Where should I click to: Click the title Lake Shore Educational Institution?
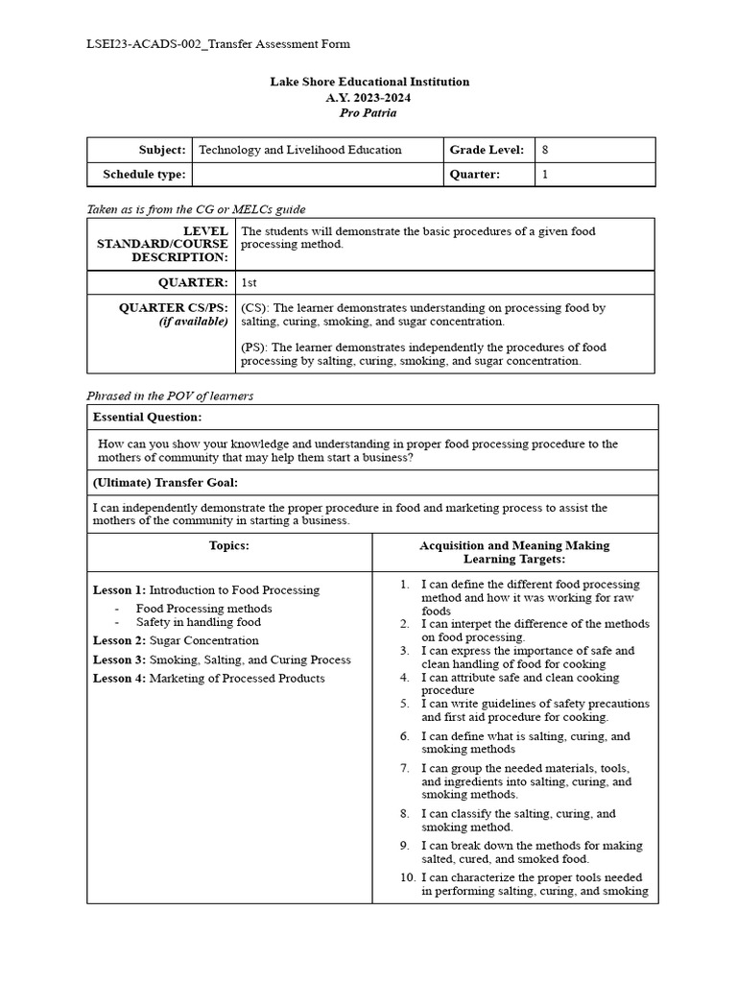coord(369,82)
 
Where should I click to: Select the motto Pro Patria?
coord(368,112)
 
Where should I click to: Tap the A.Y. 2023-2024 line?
coord(368,97)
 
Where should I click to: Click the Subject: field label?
coord(161,150)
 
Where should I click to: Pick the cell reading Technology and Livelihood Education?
coord(299,150)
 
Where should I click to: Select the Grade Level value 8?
coord(545,150)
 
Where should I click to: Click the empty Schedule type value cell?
coord(316,175)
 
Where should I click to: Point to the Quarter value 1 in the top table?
coord(545,175)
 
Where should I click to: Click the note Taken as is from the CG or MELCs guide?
coord(197,208)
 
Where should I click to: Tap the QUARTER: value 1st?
coord(250,282)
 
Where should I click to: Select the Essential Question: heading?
coord(147,418)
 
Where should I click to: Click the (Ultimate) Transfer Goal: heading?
coord(165,482)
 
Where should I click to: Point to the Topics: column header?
coord(229,545)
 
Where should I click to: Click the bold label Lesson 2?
coord(120,640)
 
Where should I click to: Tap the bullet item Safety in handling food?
coord(198,622)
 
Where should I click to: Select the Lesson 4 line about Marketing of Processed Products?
coord(208,679)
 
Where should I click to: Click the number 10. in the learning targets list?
coord(408,877)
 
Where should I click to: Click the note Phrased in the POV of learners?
coord(170,396)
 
